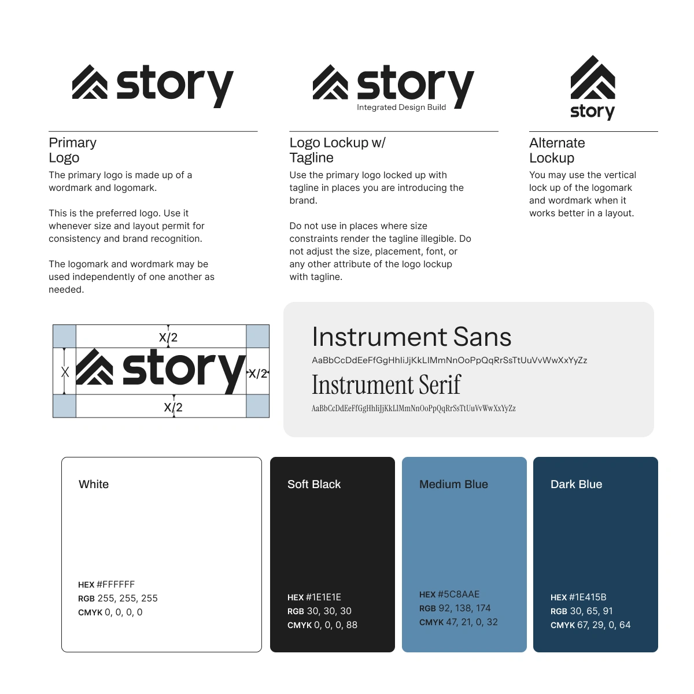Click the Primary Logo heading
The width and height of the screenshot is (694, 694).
[72, 150]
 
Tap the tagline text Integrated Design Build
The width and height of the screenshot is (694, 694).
[401, 108]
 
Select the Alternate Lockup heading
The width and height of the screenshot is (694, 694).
[556, 150]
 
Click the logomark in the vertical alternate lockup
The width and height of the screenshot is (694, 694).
[593, 78]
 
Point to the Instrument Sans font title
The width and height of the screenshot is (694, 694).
[411, 337]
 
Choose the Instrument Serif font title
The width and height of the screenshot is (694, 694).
[386, 385]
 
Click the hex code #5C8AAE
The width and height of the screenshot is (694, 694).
[459, 595]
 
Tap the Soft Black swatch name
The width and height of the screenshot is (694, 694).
[314, 485]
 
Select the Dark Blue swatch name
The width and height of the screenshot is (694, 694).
[576, 485]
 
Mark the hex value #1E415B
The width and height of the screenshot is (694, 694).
[588, 597]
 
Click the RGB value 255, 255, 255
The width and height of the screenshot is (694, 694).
[127, 599]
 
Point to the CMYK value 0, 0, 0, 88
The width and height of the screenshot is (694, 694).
[335, 625]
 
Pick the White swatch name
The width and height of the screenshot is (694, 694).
[94, 485]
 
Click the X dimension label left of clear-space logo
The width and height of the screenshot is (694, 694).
[65, 372]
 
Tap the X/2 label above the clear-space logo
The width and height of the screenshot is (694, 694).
[168, 338]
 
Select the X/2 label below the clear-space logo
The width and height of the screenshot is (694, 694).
[173, 408]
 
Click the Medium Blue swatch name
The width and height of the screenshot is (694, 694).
[453, 485]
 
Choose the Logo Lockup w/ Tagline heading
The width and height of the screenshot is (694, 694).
[337, 150]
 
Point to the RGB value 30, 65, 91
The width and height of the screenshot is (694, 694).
[591, 611]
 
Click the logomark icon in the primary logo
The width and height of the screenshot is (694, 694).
[90, 82]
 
